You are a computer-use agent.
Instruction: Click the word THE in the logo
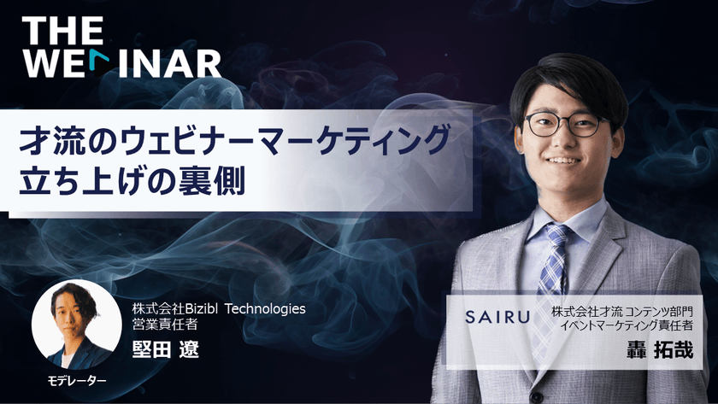coord(63,30)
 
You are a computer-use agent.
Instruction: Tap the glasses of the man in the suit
coord(562,125)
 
